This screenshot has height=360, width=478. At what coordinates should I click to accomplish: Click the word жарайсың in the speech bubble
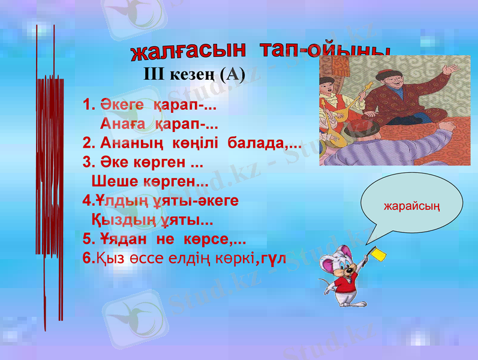coord(412,207)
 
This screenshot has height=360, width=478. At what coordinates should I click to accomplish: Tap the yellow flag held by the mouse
coord(379,254)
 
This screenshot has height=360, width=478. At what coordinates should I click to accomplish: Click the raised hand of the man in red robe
coord(448,71)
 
